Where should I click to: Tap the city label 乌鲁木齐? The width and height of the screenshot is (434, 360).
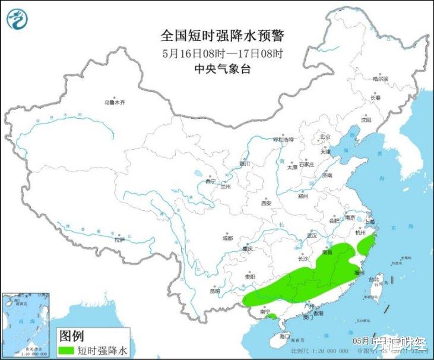coord(115,102)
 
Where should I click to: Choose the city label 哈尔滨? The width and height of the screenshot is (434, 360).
coord(380,78)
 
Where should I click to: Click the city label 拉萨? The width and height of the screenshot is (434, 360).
coord(119,240)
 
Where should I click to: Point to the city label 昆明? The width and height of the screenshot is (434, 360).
coord(216,291)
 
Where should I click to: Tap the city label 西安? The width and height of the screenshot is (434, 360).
coord(265,203)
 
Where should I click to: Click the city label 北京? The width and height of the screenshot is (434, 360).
coord(324,137)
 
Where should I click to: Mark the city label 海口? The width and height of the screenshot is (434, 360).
coord(285,336)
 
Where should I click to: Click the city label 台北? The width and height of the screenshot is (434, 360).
coord(374,279)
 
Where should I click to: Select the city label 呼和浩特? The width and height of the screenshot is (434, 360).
coord(283,140)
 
